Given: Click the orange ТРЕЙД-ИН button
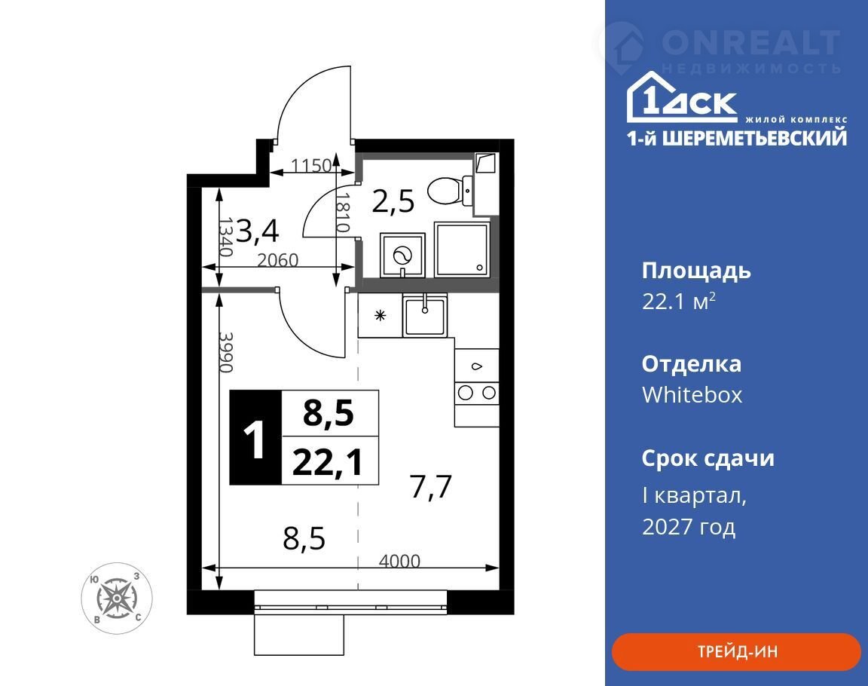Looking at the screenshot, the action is pyautogui.click(x=735, y=651).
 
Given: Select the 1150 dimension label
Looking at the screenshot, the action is pyautogui.click(x=311, y=165).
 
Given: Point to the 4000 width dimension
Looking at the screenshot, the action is pyautogui.click(x=399, y=561).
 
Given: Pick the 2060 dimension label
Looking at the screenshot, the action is pyautogui.click(x=278, y=259).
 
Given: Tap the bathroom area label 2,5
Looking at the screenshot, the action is pyautogui.click(x=393, y=201).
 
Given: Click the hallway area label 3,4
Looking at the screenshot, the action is pyautogui.click(x=258, y=231).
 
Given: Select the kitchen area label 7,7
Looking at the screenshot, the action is pyautogui.click(x=431, y=487).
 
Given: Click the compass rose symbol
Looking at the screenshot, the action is pyautogui.click(x=117, y=599).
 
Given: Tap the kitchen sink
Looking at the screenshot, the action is pyautogui.click(x=425, y=316).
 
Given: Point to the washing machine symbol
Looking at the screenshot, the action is pyautogui.click(x=402, y=256).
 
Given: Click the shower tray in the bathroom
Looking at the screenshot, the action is pyautogui.click(x=462, y=250).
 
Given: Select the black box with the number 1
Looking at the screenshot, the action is pyautogui.click(x=255, y=437).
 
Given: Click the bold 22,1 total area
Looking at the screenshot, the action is pyautogui.click(x=328, y=462).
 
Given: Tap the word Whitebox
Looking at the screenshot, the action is pyautogui.click(x=692, y=395).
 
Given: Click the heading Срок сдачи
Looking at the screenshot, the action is pyautogui.click(x=708, y=458).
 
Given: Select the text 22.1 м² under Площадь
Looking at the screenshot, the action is pyautogui.click(x=679, y=302).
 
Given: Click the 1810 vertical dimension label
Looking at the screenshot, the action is pyautogui.click(x=344, y=213).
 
